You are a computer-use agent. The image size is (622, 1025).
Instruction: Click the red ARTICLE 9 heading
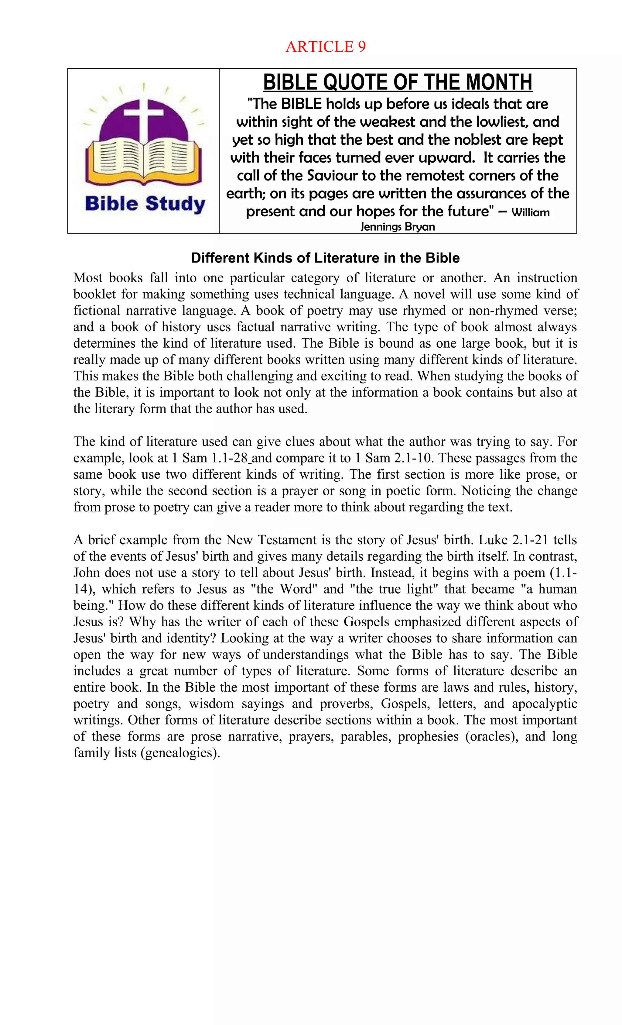325,46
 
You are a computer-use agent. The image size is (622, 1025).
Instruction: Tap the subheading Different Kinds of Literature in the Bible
325,258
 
